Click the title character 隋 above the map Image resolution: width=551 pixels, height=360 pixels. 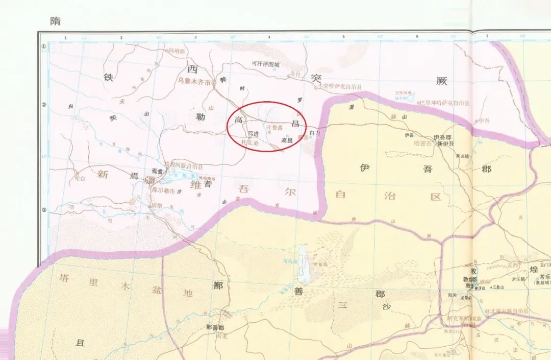(55, 21)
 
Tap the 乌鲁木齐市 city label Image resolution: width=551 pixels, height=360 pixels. (194, 81)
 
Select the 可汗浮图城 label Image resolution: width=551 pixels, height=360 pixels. (266, 65)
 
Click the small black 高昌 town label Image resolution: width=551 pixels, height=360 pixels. (287, 140)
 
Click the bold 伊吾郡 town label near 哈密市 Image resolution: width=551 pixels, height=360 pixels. (442, 137)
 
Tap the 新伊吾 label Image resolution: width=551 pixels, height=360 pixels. (445, 143)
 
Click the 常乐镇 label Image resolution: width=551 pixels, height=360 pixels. (519, 279)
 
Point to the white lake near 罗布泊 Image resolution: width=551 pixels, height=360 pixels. (304, 263)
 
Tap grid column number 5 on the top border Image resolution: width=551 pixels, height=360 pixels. (343, 37)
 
